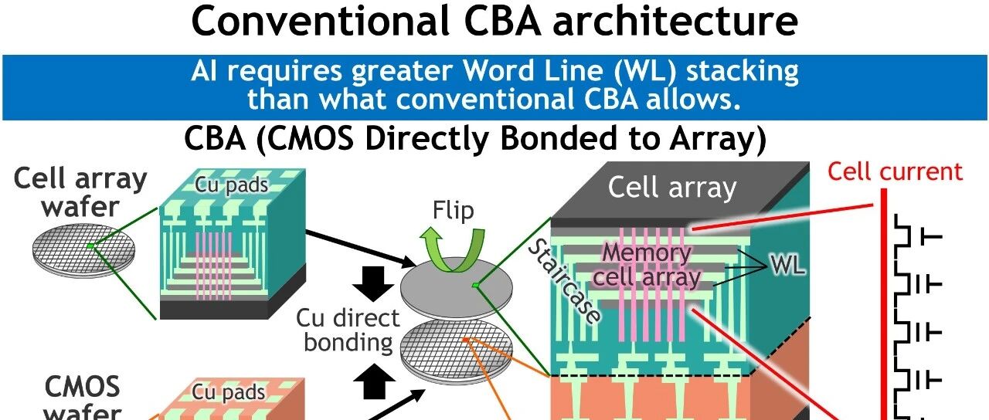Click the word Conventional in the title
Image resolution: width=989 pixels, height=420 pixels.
321,21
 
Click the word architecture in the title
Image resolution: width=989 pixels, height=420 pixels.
675,21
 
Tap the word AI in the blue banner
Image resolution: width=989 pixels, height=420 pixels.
205,70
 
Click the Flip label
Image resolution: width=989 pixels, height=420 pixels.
453,210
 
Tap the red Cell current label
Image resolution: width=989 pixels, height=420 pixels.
895,171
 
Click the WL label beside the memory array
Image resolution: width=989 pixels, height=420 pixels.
788,265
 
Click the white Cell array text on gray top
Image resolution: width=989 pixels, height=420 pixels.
672,188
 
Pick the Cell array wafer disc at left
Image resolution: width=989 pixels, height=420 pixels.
84,251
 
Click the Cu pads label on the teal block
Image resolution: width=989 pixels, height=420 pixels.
231,185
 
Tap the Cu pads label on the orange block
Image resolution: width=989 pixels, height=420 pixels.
229,392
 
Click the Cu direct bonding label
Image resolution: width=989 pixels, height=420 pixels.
348,330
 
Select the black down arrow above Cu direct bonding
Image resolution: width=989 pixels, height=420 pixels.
373,283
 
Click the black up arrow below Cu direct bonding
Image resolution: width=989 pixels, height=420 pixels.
373,381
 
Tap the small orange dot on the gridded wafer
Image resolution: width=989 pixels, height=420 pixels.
465,340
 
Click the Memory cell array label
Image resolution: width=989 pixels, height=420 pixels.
647,265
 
